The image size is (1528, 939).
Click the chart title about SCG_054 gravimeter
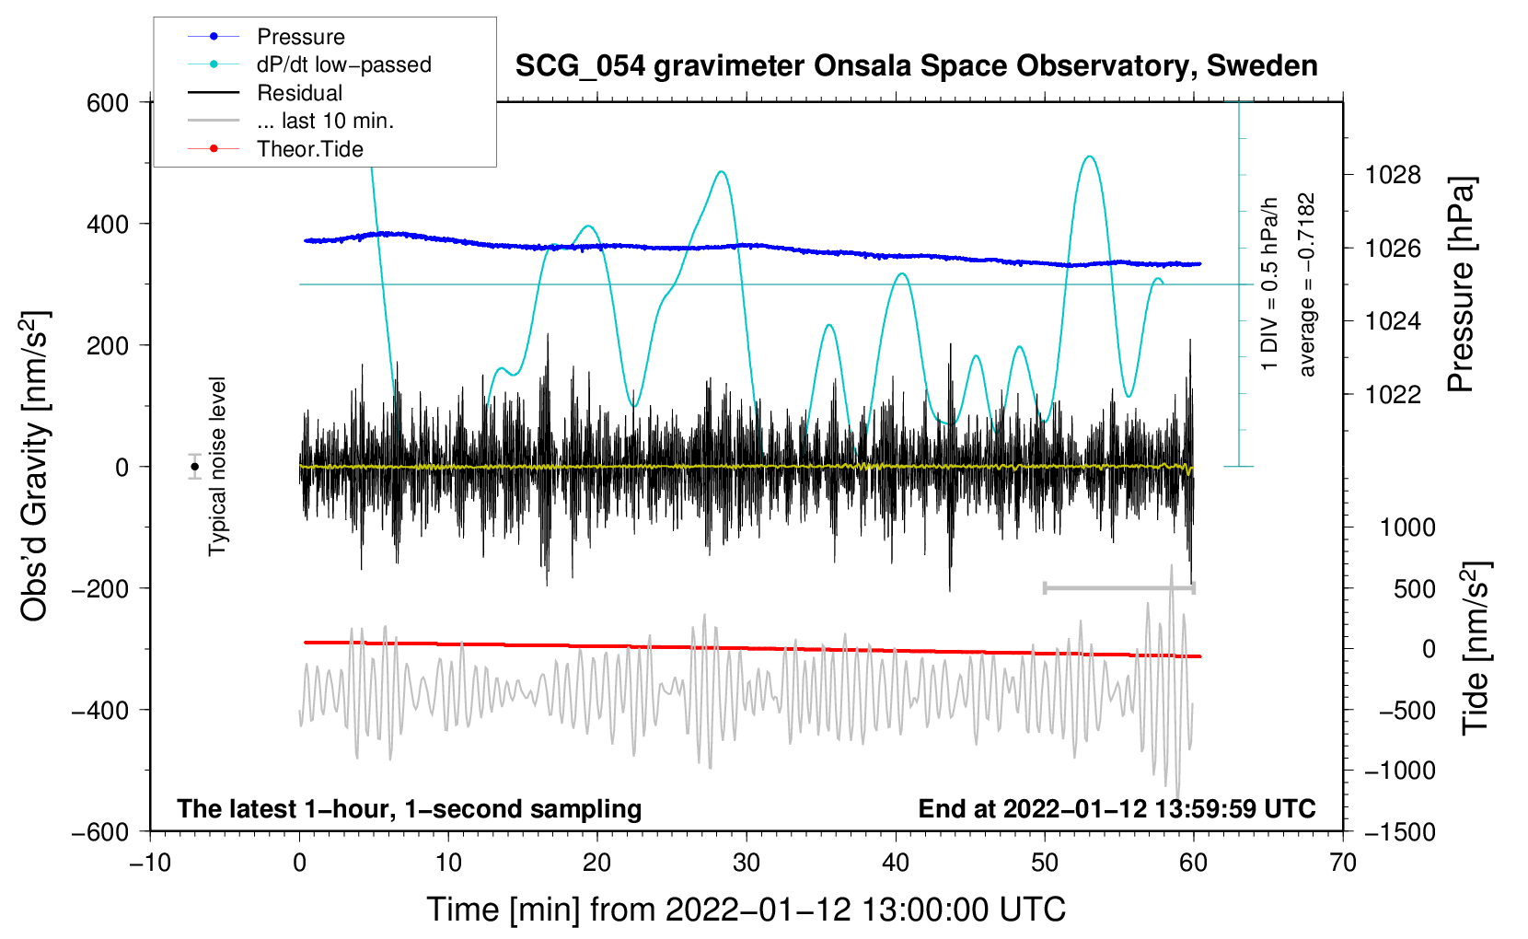[x=916, y=66]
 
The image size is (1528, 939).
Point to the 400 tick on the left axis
[x=108, y=224]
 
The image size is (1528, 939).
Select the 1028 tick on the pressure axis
[x=1393, y=175]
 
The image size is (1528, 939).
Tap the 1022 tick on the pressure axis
[x=1393, y=394]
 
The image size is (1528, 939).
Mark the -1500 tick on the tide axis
[x=1399, y=831]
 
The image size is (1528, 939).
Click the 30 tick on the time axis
[x=747, y=863]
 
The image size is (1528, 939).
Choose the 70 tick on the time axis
[x=1343, y=863]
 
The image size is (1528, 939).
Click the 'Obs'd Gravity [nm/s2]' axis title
[x=35, y=466]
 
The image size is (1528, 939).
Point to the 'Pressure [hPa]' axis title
[x=1461, y=284]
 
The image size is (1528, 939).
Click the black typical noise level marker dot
[x=194, y=467]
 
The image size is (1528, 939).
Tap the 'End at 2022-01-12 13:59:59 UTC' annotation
[x=1117, y=808]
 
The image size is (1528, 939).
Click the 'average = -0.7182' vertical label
[x=1307, y=284]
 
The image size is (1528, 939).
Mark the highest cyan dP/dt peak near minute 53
[x=1090, y=156]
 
